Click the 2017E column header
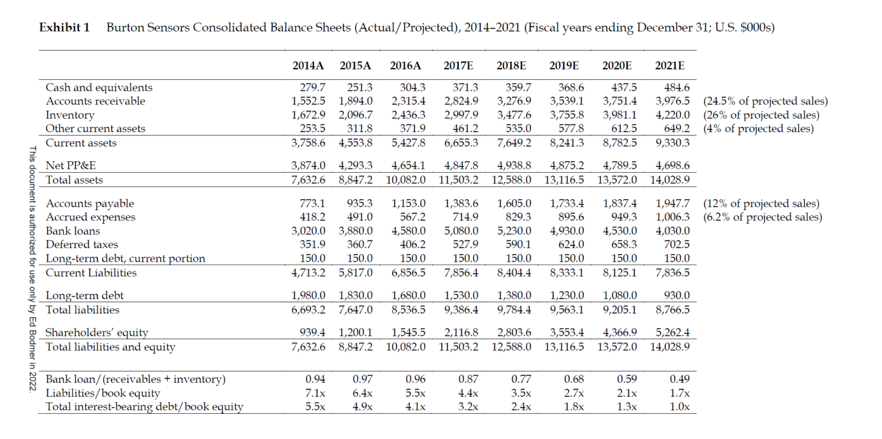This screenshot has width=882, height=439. pos(458,65)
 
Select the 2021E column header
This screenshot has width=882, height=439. pos(670,65)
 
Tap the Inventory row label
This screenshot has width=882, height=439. pos(70,115)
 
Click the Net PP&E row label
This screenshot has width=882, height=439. pos(71,165)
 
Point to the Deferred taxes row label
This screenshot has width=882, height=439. pos(82,244)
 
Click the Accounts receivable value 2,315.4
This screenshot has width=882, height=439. pos(408,101)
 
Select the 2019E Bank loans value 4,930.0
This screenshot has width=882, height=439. pos(567,231)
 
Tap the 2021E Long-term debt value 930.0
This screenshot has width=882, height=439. pos(677,295)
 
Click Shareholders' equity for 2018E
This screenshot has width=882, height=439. pos(514,332)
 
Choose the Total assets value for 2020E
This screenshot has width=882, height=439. pos(617,180)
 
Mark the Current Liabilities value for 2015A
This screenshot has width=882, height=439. pos(355,273)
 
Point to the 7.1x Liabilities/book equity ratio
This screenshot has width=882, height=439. pos(315,393)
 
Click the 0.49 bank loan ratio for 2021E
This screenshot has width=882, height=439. pos(680,379)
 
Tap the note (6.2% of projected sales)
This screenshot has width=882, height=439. pos(763,217)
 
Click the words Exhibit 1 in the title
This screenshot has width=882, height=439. pos(64,28)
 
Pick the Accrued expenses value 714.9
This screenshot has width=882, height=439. pos(466,217)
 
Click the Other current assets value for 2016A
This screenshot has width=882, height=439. pos(413,129)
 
